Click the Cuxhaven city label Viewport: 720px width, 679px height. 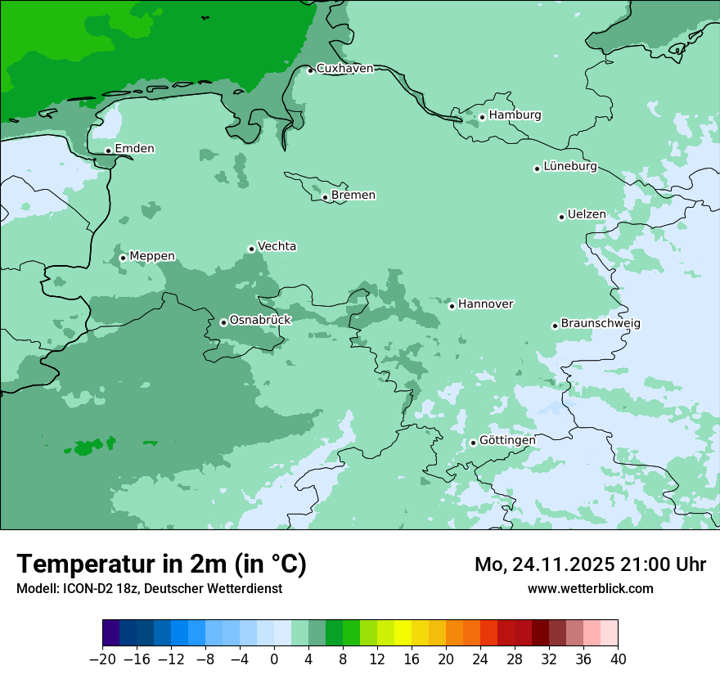pyautogui.click(x=344, y=69)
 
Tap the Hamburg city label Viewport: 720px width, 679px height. pyautogui.click(x=515, y=115)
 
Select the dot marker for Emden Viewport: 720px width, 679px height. pyautogui.click(x=108, y=151)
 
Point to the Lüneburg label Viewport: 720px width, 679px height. pyautogui.click(x=570, y=167)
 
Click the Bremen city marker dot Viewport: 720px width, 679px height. pyautogui.click(x=325, y=197)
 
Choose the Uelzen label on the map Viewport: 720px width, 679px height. pyautogui.click(x=587, y=215)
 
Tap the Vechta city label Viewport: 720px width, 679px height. pyautogui.click(x=277, y=246)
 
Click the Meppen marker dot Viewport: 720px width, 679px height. pyautogui.click(x=123, y=258)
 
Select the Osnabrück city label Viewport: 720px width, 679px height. pyautogui.click(x=260, y=321)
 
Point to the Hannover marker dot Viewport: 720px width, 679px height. pyautogui.click(x=452, y=306)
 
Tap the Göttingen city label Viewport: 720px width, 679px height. pyautogui.click(x=507, y=441)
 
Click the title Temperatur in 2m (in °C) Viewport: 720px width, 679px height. pyautogui.click(x=161, y=564)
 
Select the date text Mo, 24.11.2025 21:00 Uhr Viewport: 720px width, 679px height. pyautogui.click(x=590, y=565)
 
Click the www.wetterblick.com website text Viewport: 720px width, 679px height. pyautogui.click(x=590, y=588)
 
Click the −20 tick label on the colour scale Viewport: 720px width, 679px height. pyautogui.click(x=102, y=659)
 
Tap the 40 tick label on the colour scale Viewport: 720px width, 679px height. pyautogui.click(x=618, y=659)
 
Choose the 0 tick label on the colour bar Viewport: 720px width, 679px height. pyautogui.click(x=274, y=659)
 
